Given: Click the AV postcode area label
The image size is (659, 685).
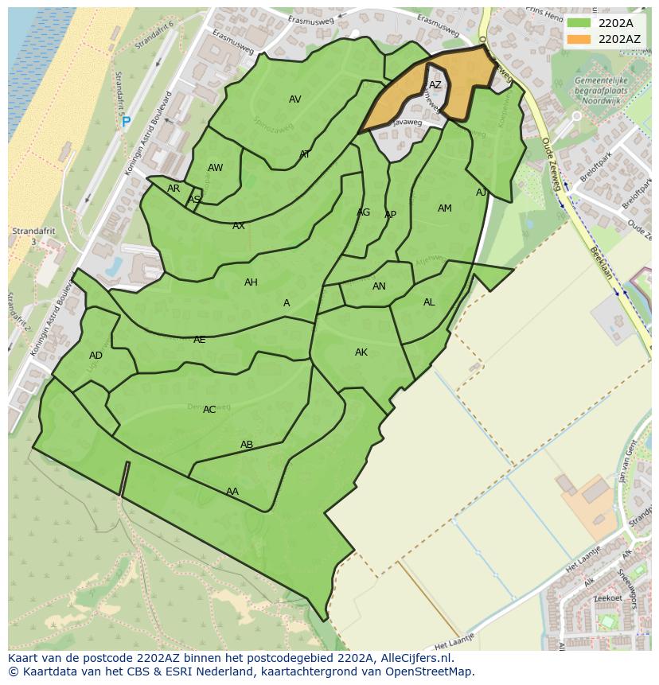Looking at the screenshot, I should pyautogui.click(x=294, y=99).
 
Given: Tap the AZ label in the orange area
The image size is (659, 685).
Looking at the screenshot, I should pyautogui.click(x=435, y=85).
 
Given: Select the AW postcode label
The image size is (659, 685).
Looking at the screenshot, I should pyautogui.click(x=215, y=168).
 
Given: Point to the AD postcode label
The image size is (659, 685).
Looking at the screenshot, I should pyautogui.click(x=96, y=356).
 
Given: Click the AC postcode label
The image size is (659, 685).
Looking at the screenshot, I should pyautogui.click(x=209, y=410).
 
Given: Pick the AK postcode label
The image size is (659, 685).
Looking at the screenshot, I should pyautogui.click(x=361, y=352).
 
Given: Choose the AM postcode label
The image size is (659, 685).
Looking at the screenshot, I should pyautogui.click(x=444, y=208).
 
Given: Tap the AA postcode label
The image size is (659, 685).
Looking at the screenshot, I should pyautogui.click(x=232, y=492).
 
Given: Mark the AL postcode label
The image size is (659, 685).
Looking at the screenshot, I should pyautogui.click(x=429, y=302).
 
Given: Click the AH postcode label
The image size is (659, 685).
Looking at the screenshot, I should pyautogui.click(x=251, y=282).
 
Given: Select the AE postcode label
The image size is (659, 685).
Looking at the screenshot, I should pyautogui.click(x=199, y=340).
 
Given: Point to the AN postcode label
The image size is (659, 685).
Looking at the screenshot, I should pyautogui.click(x=379, y=286).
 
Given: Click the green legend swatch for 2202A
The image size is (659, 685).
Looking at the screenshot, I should pyautogui.click(x=579, y=23).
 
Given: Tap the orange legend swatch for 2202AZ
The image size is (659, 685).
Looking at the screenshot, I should pyautogui.click(x=579, y=38).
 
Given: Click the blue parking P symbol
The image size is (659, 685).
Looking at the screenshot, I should pyautogui.click(x=126, y=123).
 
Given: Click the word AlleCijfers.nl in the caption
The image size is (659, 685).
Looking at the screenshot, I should pyautogui.click(x=414, y=658).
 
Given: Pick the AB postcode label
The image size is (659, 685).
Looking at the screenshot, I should pyautogui.click(x=247, y=445).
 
